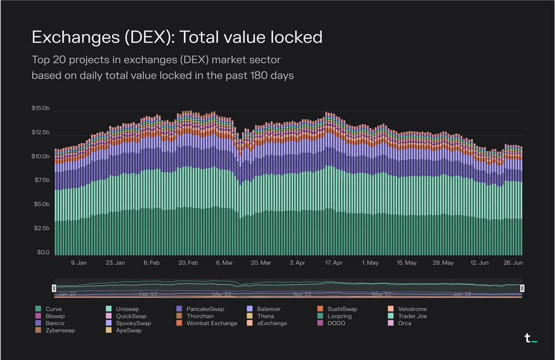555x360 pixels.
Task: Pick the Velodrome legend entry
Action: pyautogui.click(x=412, y=309)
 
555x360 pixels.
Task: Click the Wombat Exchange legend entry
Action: pyautogui.click(x=211, y=323)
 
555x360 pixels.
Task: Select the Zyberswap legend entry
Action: pyautogui.click(x=60, y=330)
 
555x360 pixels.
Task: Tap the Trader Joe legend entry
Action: pyautogui.click(x=412, y=316)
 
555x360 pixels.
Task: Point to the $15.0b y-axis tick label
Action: pyautogui.click(x=40, y=108)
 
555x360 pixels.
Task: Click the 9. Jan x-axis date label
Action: pyautogui.click(x=79, y=263)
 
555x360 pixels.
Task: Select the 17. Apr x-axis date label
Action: pyautogui.click(x=333, y=263)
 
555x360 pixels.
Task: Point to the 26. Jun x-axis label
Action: pyautogui.click(x=513, y=263)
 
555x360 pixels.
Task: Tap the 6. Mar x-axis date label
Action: pyautogui.click(x=224, y=263)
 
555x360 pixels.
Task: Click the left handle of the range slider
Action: pyautogui.click(x=54, y=288)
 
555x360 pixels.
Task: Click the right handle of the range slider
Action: pyautogui.click(x=522, y=288)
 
